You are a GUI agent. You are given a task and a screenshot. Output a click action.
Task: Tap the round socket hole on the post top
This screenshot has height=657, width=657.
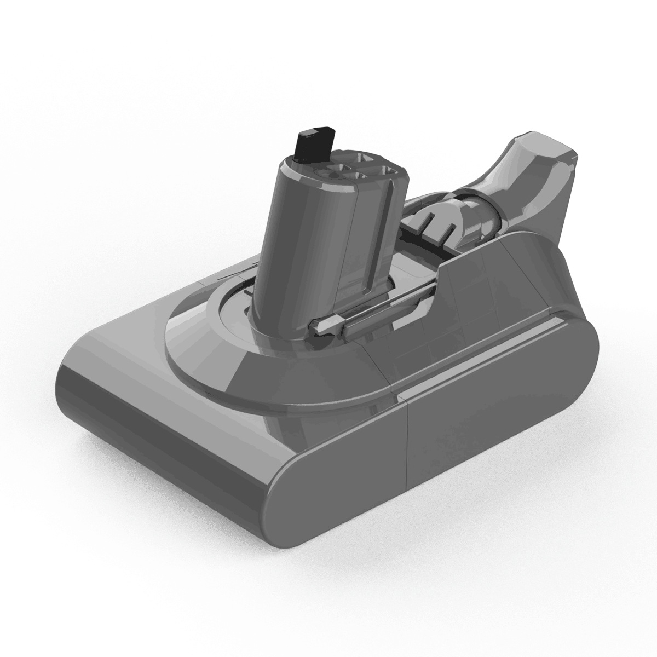(332, 175)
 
